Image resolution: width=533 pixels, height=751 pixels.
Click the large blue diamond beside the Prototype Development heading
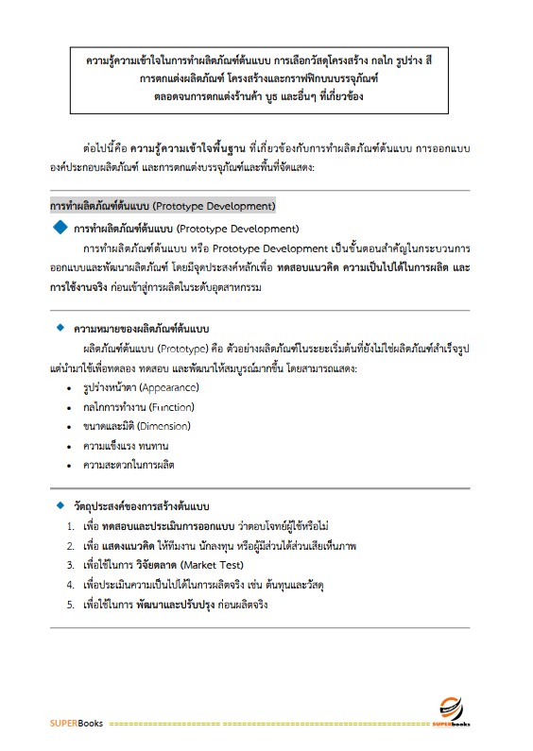(x=61, y=228)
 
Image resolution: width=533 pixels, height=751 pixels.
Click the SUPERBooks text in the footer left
(x=78, y=725)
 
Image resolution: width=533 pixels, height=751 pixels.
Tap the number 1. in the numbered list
(x=72, y=525)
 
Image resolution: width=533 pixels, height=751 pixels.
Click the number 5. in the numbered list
(x=72, y=605)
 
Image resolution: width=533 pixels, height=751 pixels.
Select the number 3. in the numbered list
(x=72, y=565)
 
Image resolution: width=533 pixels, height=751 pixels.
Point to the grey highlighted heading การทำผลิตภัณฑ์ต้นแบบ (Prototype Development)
(x=162, y=204)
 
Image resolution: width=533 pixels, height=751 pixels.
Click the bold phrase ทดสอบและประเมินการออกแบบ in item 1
(x=160, y=525)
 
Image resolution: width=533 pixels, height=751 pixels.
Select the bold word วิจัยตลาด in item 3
(x=131, y=565)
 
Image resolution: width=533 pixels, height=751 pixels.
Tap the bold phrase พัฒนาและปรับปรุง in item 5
(x=177, y=605)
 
